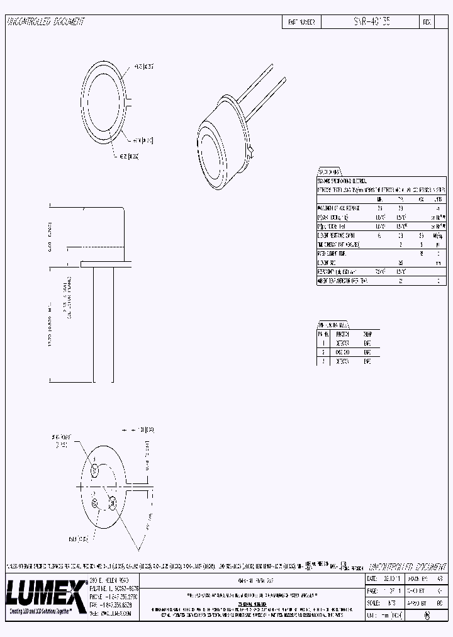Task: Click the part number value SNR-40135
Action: pyautogui.click(x=372, y=21)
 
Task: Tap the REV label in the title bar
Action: pyautogui.click(x=427, y=21)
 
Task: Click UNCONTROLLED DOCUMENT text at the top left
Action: pyautogui.click(x=45, y=21)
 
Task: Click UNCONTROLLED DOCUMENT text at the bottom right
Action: pyautogui.click(x=406, y=566)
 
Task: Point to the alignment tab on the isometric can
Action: pyautogui.click(x=250, y=150)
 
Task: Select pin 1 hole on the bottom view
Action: pyautogui.click(x=95, y=470)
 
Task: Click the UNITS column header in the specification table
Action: pyautogui.click(x=438, y=198)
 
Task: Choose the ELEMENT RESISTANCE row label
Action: pyautogui.click(x=340, y=234)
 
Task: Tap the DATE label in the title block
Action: pyautogui.click(x=372, y=578)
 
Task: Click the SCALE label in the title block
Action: pyautogui.click(x=372, y=602)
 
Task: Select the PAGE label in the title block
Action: pyautogui.click(x=372, y=590)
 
